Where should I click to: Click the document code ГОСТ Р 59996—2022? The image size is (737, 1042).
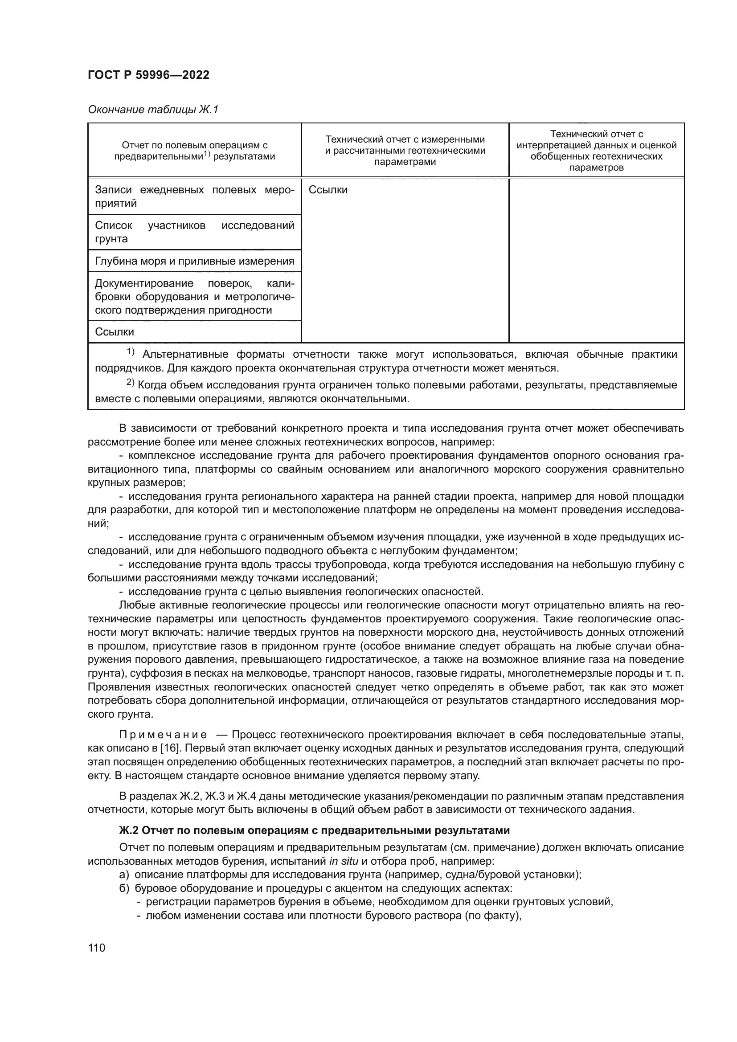(148, 75)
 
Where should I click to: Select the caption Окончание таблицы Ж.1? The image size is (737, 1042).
(153, 110)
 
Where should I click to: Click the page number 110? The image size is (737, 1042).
(97, 948)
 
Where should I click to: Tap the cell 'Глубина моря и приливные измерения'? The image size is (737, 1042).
(195, 261)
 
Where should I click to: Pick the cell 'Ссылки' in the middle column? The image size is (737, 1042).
(328, 190)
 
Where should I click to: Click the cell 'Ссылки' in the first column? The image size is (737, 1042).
(115, 332)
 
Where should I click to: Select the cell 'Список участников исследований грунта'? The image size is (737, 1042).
(195, 232)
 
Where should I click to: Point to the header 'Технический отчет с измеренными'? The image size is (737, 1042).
(405, 140)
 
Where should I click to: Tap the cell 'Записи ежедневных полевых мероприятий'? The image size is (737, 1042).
(195, 196)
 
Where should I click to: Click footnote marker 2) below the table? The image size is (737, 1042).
(130, 383)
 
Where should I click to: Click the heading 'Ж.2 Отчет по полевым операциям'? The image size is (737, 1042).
(314, 830)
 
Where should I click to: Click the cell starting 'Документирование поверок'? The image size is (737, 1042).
(195, 297)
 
